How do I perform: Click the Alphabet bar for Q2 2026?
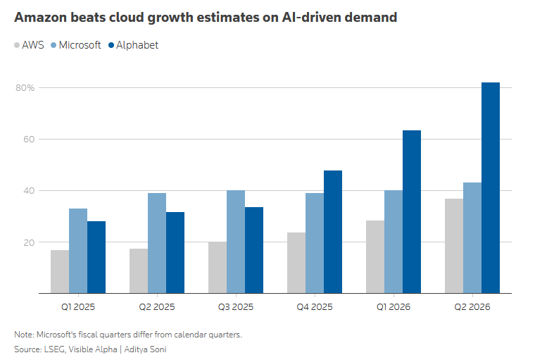coord(491,188)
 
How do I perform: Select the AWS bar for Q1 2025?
coord(60,271)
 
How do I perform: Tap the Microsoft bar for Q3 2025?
coord(236,242)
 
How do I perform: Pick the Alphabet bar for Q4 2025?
coord(333,232)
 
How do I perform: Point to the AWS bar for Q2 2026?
coord(454,246)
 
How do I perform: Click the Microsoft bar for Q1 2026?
coord(394,242)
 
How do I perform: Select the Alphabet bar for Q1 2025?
coord(96,257)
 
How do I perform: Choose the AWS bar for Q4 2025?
coord(296,263)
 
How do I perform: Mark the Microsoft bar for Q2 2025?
coord(157,243)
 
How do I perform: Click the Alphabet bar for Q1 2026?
coord(412,212)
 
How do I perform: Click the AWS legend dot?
coord(17,45)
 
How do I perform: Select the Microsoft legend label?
coord(80,45)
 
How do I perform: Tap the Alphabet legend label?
coord(137,45)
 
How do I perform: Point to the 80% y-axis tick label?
coord(25,88)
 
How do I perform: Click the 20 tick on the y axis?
coord(29,242)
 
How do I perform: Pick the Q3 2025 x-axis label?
coord(236,306)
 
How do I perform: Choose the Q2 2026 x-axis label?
coord(472,306)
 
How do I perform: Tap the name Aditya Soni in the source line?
coord(145,349)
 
